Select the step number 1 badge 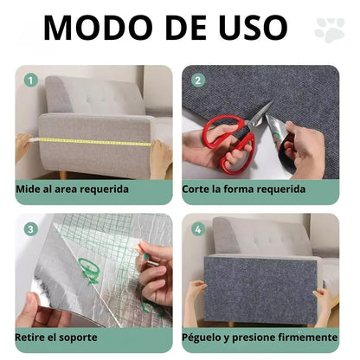point(31,80)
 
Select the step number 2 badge point(197,80)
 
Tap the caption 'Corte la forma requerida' point(243,188)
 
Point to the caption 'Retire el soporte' point(56,337)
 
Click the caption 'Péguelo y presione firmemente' point(260,337)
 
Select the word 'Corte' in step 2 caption point(198,188)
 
